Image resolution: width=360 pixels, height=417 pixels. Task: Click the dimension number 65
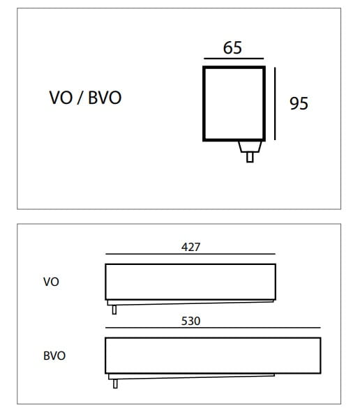tap(232, 47)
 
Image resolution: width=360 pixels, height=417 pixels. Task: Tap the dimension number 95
tap(299, 103)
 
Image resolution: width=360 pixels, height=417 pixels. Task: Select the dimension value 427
tap(190, 247)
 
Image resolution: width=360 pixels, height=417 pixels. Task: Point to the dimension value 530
tap(190, 321)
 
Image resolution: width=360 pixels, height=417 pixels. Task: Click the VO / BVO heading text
tap(85, 98)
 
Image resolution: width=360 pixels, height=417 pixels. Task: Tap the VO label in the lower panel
tap(51, 282)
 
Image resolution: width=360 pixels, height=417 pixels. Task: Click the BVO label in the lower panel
tap(54, 356)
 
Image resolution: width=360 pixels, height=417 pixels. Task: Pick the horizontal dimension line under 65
tap(234, 59)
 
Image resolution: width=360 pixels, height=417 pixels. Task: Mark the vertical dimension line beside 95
tap(275, 103)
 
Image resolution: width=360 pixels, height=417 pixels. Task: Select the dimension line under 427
tap(190, 254)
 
